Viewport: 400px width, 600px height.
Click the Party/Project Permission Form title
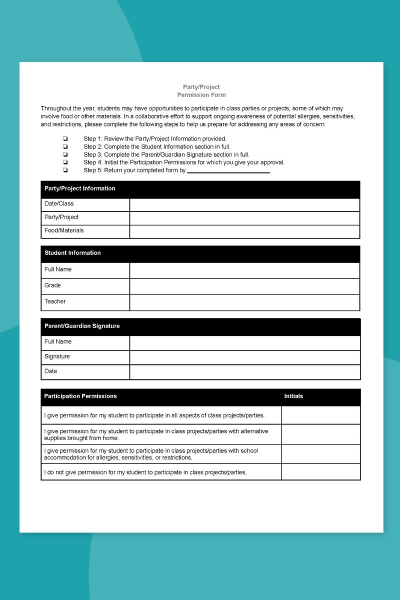[201, 90]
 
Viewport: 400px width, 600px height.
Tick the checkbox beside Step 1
[65, 138]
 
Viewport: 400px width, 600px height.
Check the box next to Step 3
[65, 154]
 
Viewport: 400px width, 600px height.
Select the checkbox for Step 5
[65, 170]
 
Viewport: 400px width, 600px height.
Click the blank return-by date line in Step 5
[228, 170]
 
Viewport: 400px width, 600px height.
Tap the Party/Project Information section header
[80, 188]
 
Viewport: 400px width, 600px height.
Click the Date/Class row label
[59, 204]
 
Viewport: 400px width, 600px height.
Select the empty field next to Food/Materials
[244, 231]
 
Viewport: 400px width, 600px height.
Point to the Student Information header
[72, 253]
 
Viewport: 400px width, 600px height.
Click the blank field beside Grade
[244, 286]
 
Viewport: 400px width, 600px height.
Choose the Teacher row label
[55, 301]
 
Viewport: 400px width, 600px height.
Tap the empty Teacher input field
[244, 302]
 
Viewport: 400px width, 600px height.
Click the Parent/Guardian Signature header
[82, 326]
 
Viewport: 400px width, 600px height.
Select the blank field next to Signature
[244, 357]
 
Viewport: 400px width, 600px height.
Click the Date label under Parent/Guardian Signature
[51, 371]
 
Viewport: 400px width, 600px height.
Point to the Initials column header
[293, 396]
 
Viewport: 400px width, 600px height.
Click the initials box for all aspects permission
[320, 415]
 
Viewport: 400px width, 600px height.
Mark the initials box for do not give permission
[320, 472]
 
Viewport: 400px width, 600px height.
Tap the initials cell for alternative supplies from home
[320, 434]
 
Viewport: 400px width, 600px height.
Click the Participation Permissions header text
[80, 396]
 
